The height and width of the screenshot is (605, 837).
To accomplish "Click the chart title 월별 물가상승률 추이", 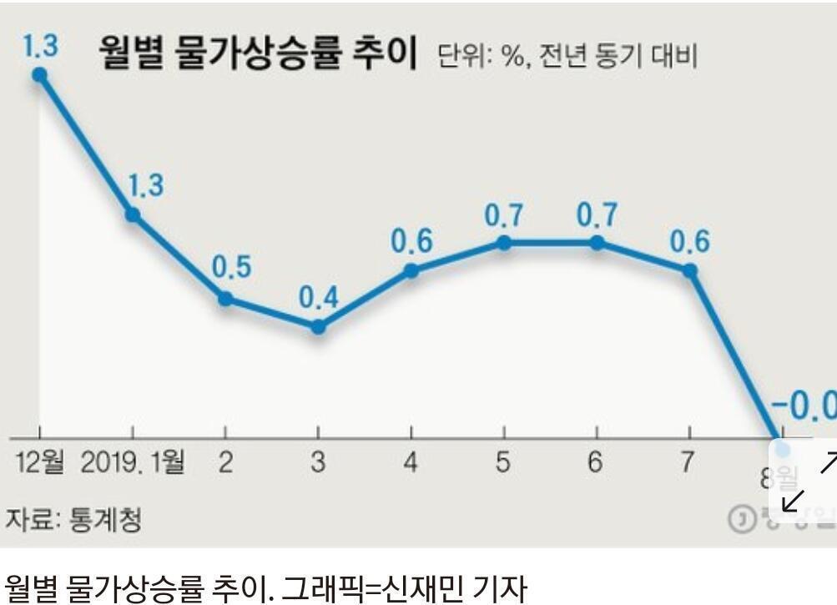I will click(257, 55).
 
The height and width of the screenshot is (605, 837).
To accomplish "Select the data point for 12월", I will click(39, 75).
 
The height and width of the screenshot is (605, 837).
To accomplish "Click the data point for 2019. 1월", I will click(132, 215).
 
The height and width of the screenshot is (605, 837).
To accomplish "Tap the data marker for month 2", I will click(225, 299).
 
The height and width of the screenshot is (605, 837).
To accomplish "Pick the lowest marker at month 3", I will click(318, 326).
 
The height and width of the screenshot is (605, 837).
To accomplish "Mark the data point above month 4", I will click(411, 270).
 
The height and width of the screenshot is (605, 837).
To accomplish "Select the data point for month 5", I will click(504, 243).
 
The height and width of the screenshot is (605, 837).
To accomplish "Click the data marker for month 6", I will click(597, 243).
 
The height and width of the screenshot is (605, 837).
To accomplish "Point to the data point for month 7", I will click(689, 270).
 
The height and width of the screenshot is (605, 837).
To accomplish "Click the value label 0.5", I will click(231, 269).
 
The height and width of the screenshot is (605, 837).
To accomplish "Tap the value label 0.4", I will click(319, 298).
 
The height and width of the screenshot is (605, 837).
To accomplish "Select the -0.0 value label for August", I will click(803, 406).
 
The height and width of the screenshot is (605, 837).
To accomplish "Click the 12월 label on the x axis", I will click(40, 462).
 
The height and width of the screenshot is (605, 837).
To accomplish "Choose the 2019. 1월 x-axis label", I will click(133, 462).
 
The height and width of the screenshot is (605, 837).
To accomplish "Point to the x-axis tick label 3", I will click(318, 462).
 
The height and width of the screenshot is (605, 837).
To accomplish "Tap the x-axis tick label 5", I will click(502, 462).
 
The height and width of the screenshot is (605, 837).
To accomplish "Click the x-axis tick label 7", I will click(686, 462).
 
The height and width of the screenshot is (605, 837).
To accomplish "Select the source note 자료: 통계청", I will click(73, 519).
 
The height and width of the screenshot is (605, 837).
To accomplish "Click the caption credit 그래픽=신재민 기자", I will click(405, 587).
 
